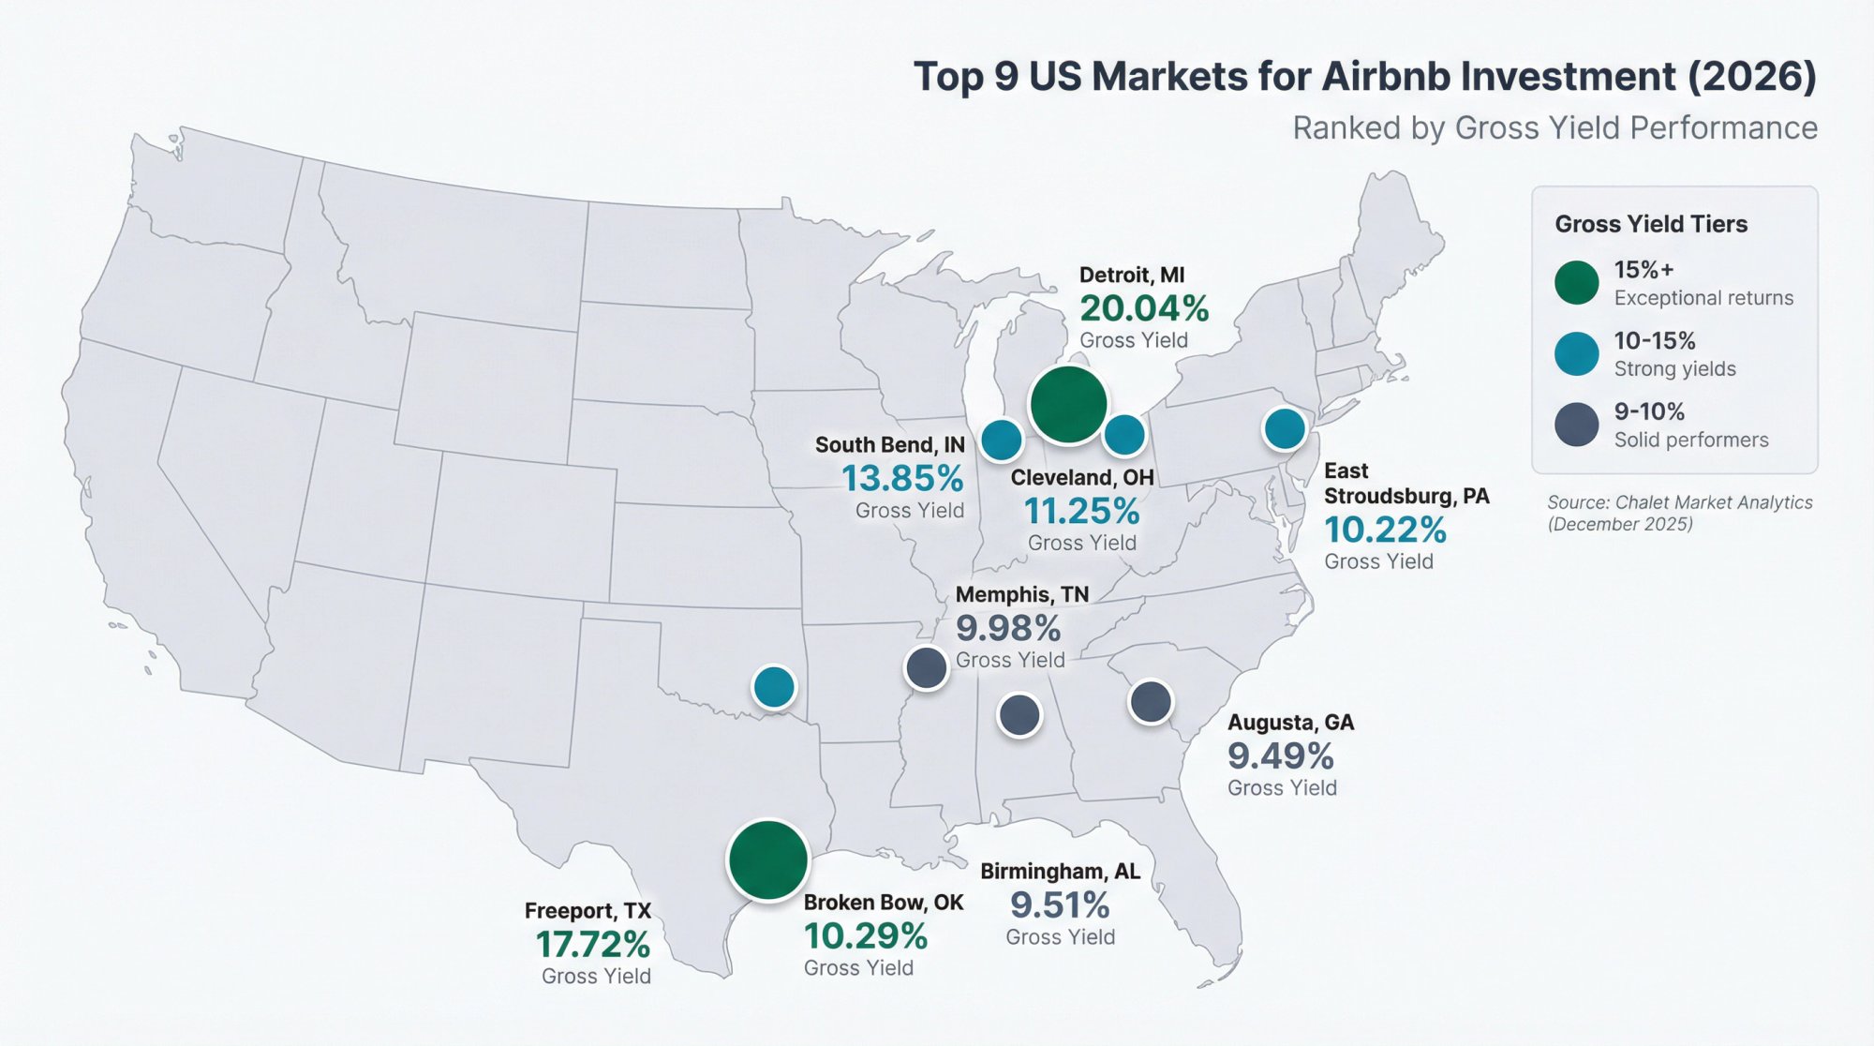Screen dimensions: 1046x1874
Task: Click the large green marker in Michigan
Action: point(1067,405)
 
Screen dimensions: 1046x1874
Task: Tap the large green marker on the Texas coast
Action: point(767,860)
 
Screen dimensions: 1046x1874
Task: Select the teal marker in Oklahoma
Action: point(774,687)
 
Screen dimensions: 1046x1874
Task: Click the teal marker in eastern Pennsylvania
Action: point(1285,429)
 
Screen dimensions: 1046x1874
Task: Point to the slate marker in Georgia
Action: point(1151,701)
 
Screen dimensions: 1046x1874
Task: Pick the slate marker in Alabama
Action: point(1019,715)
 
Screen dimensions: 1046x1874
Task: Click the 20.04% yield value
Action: point(1144,308)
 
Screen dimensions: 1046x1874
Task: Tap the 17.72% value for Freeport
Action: point(592,944)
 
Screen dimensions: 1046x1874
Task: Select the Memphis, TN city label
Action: point(1021,594)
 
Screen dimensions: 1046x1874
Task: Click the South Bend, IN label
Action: point(889,444)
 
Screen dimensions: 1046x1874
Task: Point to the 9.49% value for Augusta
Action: point(1280,755)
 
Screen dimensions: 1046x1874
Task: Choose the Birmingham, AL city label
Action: point(1060,871)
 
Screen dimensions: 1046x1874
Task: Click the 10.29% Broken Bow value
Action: point(865,935)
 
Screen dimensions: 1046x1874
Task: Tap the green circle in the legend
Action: point(1576,283)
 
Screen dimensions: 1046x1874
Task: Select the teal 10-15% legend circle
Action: point(1576,354)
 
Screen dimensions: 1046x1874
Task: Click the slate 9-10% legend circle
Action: point(1576,425)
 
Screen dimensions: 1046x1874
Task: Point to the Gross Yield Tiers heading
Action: point(1650,224)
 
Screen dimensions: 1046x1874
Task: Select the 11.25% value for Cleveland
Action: point(1080,512)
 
